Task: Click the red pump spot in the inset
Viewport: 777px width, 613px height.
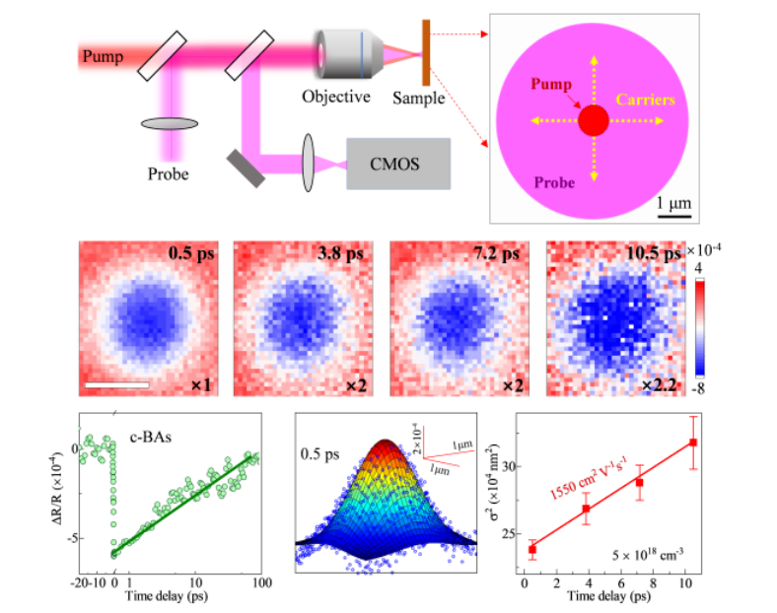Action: [593, 121]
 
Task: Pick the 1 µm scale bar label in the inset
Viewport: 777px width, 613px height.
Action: [673, 201]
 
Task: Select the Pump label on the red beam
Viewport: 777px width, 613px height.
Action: [104, 56]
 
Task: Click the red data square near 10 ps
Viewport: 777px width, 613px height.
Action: [693, 443]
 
